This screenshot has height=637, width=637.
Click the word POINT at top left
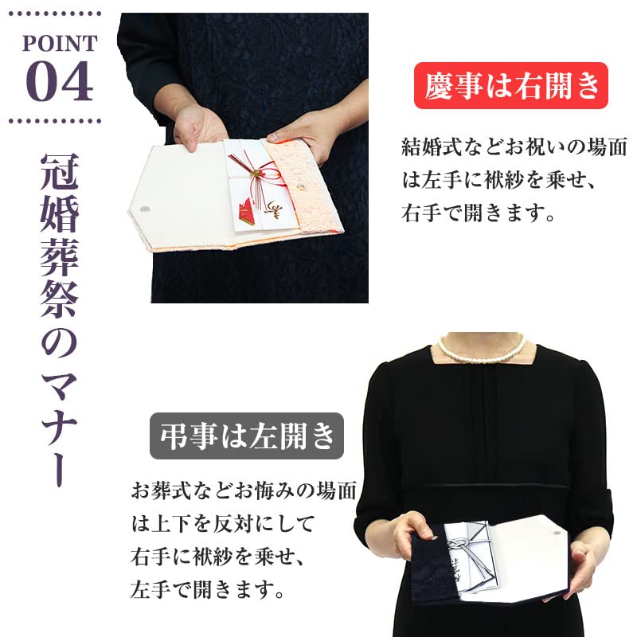click(x=61, y=42)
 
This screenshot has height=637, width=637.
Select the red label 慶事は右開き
click(x=511, y=86)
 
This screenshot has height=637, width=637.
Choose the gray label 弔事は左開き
click(x=247, y=436)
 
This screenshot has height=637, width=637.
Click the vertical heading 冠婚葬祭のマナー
click(x=59, y=318)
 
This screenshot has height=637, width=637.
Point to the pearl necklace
click(x=482, y=350)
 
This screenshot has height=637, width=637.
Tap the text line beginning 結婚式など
click(x=514, y=148)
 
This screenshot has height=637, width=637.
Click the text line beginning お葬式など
click(x=243, y=490)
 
